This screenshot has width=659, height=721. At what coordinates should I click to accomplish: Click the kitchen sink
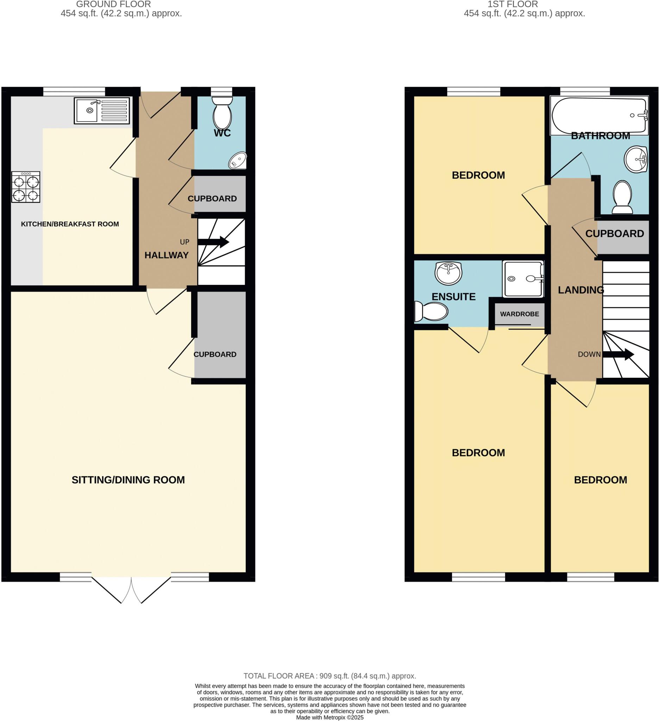click(x=101, y=111)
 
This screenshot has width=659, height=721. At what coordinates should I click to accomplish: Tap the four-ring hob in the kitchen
click(x=26, y=187)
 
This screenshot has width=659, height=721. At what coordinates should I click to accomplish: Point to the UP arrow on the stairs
click(x=213, y=242)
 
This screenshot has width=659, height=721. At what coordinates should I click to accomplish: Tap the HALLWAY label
click(x=166, y=255)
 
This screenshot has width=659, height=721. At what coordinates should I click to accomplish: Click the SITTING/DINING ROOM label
click(x=128, y=479)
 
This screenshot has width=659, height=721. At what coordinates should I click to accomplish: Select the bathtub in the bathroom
click(x=599, y=115)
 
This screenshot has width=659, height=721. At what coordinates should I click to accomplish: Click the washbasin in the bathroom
click(x=636, y=159)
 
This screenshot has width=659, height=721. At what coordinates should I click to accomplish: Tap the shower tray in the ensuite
click(x=523, y=279)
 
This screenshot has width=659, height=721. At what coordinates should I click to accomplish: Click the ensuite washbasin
click(x=448, y=273)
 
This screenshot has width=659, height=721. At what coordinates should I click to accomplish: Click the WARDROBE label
click(x=519, y=314)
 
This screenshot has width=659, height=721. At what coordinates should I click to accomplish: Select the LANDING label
click(x=581, y=290)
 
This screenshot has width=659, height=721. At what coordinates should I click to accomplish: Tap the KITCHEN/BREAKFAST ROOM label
click(x=70, y=224)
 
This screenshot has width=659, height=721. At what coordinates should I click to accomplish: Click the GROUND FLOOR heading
click(x=113, y=4)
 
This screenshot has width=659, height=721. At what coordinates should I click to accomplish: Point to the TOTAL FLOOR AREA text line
click(x=329, y=676)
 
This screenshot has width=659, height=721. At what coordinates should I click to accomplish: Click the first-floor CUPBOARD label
click(x=614, y=233)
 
